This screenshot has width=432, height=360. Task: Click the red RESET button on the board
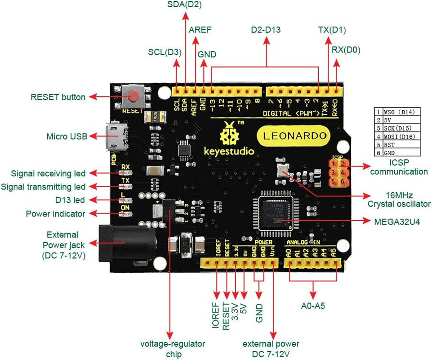134,96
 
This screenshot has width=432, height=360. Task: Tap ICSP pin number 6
343,182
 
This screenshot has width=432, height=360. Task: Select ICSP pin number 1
334,164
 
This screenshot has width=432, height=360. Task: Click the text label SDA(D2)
184,6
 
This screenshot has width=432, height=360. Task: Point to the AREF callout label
200,30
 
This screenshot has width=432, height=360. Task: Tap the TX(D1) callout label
332,30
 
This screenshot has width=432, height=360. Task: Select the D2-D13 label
266,30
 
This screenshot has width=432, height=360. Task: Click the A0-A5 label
313,306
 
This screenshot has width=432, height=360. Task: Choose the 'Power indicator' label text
55,214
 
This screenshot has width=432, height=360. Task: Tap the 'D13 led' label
68,200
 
